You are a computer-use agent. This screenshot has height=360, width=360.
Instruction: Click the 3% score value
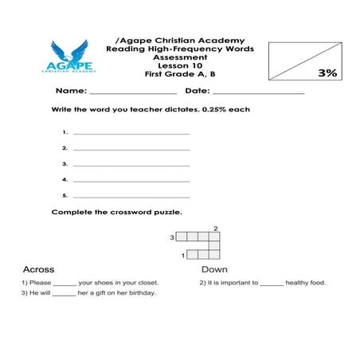pos(327,72)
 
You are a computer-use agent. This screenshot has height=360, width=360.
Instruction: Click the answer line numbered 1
pos(131,133)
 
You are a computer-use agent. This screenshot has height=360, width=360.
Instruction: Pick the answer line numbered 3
pos(131,164)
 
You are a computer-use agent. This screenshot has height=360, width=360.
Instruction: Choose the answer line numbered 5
pos(131,195)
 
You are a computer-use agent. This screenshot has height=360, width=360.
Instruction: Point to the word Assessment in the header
pos(180,57)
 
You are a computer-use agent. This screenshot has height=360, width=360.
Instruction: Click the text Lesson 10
pos(180,66)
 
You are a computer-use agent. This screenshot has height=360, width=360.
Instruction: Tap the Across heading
pos(38,269)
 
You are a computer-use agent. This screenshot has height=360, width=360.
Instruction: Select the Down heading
pos(214,269)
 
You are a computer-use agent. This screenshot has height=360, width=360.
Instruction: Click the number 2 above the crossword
pos(215,229)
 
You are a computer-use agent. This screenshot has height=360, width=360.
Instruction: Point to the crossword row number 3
pos(171,237)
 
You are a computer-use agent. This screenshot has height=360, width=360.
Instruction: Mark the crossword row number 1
pos(184,255)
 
